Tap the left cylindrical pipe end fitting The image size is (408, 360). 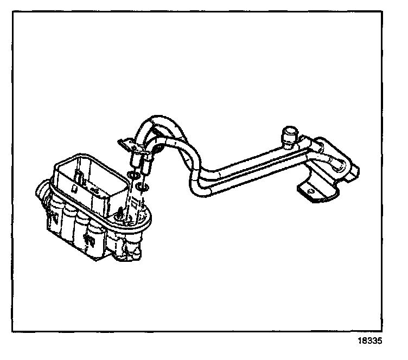click(x=135, y=160)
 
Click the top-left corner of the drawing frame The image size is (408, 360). click(x=15, y=12)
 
